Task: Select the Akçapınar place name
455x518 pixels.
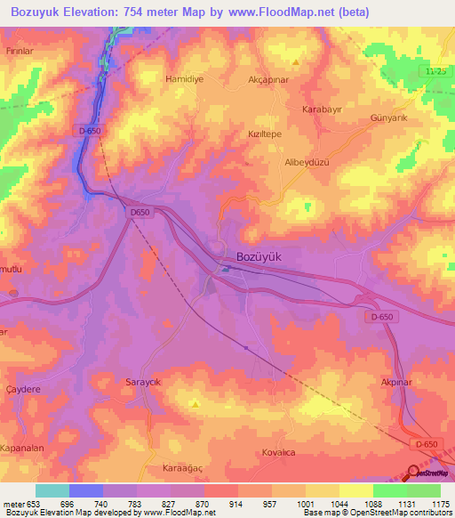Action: (x=269, y=79)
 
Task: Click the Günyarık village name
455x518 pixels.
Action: (x=387, y=117)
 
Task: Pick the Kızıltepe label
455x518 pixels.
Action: (x=265, y=131)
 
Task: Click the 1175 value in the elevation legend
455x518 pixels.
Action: (x=441, y=503)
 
